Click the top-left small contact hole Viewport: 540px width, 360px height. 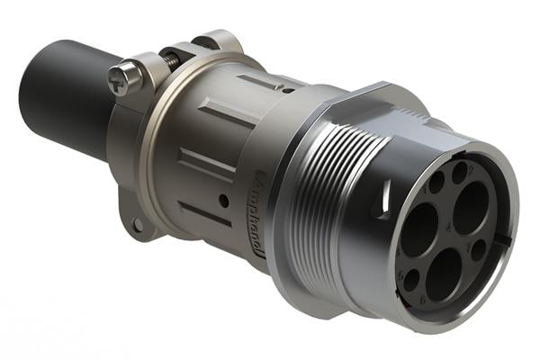(436, 184)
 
